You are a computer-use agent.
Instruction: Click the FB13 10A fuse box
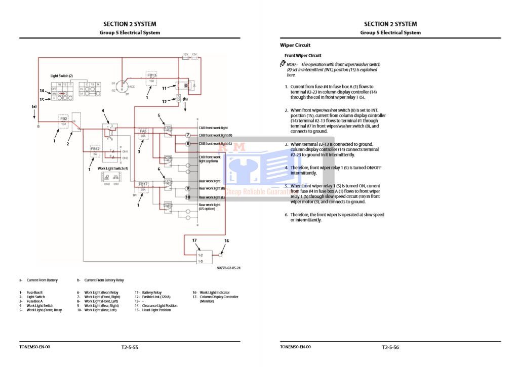152,77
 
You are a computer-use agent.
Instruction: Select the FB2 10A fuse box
64,121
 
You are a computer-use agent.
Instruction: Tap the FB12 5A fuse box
95,151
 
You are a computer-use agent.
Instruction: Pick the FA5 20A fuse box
143,133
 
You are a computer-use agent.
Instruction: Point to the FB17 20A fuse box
143,187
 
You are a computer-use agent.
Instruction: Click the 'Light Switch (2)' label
62,75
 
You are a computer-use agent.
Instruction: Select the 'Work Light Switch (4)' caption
113,168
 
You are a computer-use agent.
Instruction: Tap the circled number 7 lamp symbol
187,136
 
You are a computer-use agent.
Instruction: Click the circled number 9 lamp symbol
187,189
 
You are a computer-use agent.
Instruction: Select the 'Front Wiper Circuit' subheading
303,56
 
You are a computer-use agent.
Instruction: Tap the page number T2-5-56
390,347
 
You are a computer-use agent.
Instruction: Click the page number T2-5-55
130,347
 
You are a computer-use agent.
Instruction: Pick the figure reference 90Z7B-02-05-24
228,268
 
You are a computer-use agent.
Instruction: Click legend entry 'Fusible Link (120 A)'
156,297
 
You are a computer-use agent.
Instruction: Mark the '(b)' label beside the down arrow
185,100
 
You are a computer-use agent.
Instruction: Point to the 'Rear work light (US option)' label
209,207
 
